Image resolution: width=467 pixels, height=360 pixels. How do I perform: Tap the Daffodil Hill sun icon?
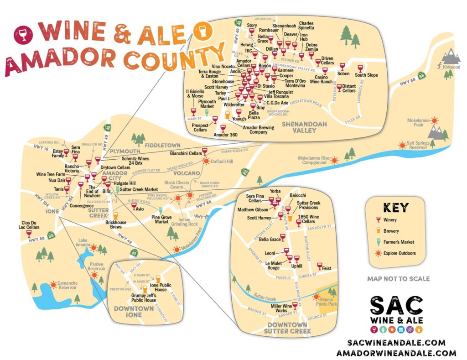click(206, 161)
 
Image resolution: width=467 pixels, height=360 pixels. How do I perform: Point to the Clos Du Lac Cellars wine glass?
click(29, 234)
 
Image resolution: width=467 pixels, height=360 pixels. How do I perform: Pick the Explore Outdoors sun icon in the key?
click(378, 253)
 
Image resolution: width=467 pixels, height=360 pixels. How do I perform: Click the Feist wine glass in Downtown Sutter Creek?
click(319, 266)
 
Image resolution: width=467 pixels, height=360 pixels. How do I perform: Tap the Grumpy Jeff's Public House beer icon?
click(145, 289)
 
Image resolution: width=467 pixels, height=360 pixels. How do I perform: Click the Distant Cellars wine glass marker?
click(339, 87)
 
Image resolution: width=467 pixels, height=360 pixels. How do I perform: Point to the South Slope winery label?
click(366, 75)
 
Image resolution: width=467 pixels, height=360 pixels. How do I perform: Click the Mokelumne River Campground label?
click(314, 160)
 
